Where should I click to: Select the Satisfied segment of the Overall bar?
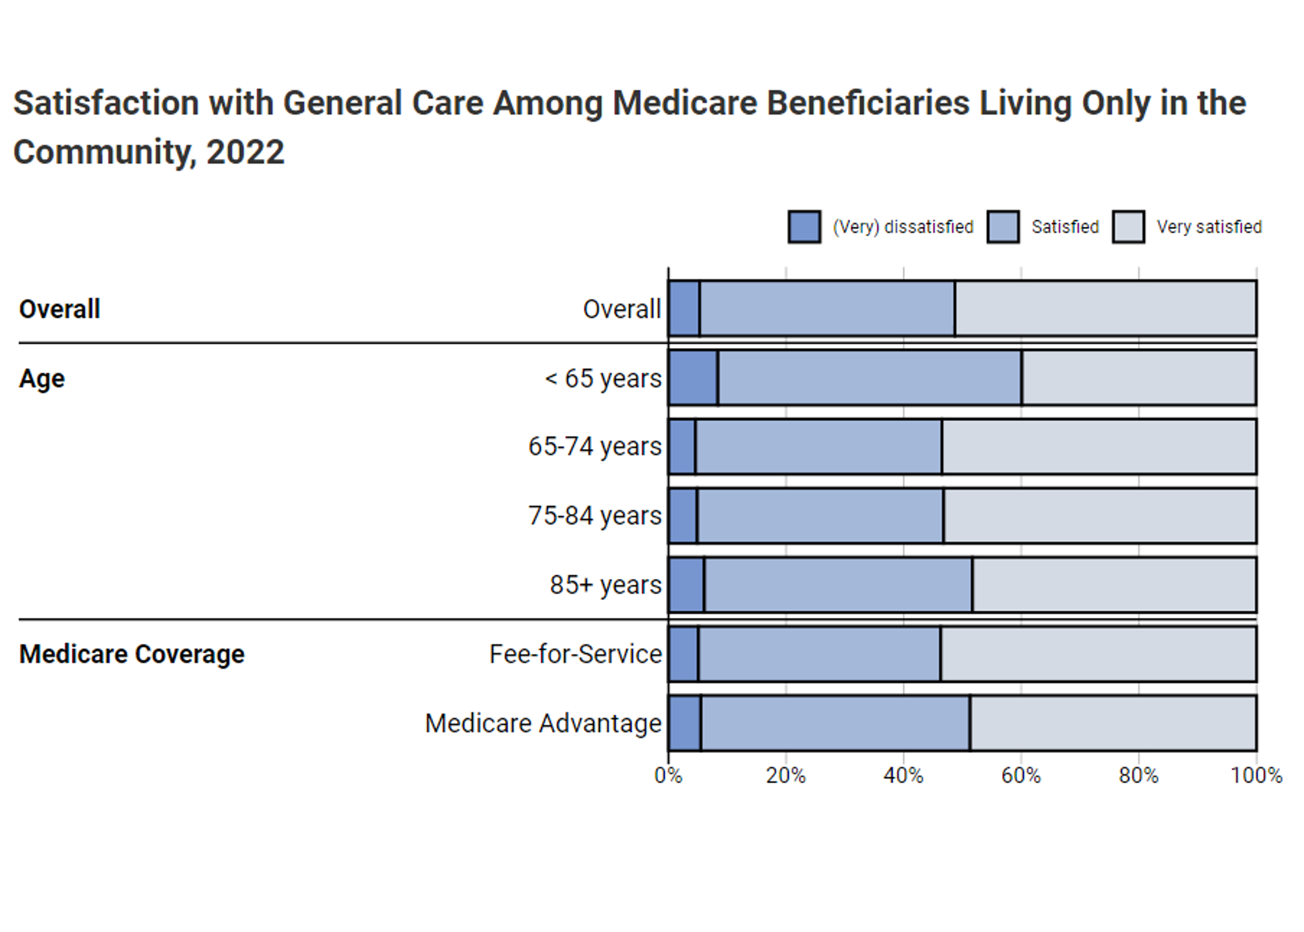coord(827,308)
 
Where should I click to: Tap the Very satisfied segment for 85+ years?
coord(1114,584)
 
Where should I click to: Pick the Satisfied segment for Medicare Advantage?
coord(835,723)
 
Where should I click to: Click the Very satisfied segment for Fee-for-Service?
coord(1097,654)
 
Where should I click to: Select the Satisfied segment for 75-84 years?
coord(820,516)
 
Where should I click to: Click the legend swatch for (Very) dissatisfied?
coord(804,227)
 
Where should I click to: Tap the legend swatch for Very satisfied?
coord(1128,227)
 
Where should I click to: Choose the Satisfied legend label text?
coord(1065,227)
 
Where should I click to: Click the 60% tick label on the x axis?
coord(1021,775)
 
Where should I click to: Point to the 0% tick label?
coord(668,775)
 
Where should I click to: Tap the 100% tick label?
coord(1256,775)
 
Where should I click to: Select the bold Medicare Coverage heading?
coord(132,654)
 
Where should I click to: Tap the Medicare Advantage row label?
coord(543,723)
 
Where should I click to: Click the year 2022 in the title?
coord(245,153)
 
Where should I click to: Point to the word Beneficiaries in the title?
coord(867,103)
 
